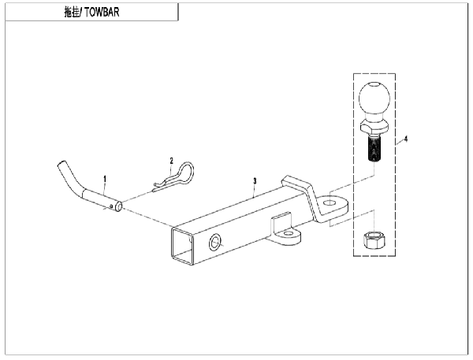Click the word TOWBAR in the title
(x=102, y=12)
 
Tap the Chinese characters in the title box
(x=72, y=12)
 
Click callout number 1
(x=105, y=179)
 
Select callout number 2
(x=172, y=161)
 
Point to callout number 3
(x=255, y=181)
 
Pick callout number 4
(x=406, y=139)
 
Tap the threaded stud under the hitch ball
(x=374, y=149)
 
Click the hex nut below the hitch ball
(x=374, y=239)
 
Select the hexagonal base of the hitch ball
(x=374, y=127)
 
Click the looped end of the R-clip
(x=184, y=171)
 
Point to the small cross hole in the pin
(x=112, y=206)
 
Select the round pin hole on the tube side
(x=214, y=242)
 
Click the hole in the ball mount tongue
(x=331, y=202)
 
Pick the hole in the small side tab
(x=289, y=233)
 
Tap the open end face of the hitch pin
(x=118, y=206)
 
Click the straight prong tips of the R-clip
(x=158, y=187)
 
